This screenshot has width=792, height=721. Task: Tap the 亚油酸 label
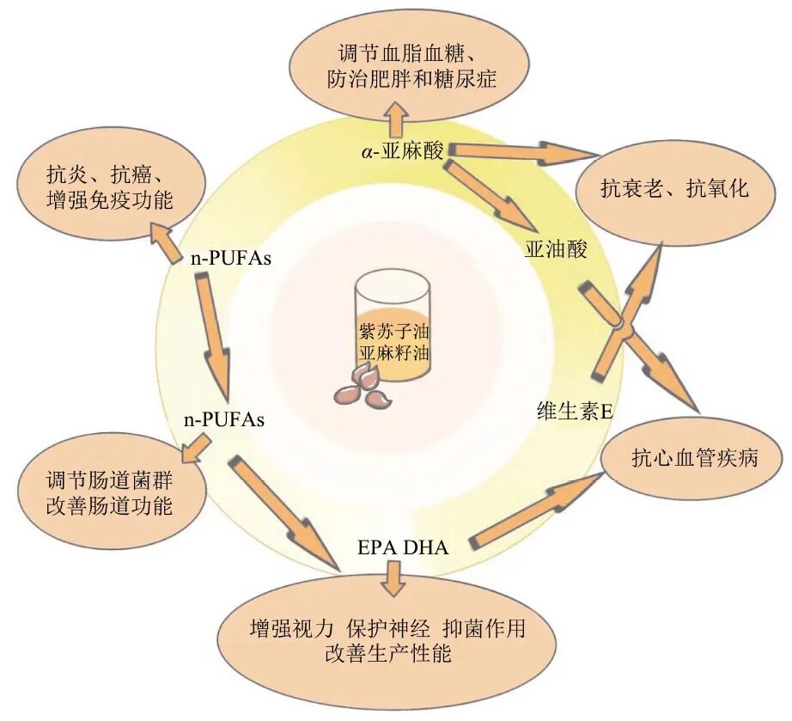(x=556, y=250)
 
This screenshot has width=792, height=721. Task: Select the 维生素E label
(x=575, y=412)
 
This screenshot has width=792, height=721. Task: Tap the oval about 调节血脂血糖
(x=400, y=68)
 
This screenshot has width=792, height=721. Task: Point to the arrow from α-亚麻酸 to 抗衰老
(x=522, y=153)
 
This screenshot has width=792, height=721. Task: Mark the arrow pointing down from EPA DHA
(x=395, y=577)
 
